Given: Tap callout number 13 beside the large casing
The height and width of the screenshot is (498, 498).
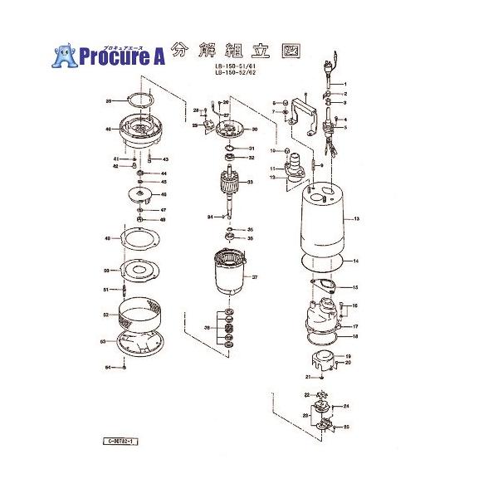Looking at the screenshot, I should click(x=356, y=219).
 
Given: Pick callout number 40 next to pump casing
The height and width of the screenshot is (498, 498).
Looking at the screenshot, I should click(x=109, y=129).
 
